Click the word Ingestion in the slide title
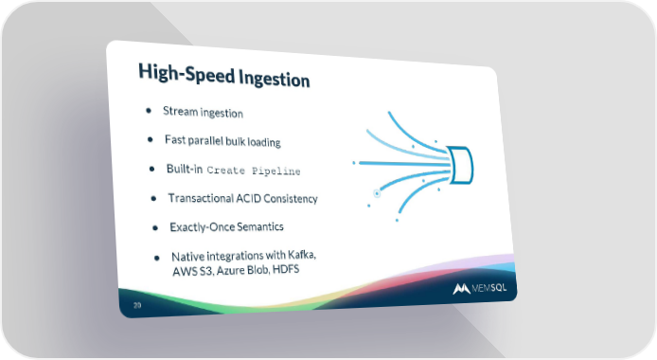tap(275, 80)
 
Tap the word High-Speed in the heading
tap(186, 73)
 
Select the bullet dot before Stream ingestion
tap(149, 111)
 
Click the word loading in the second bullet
tap(264, 142)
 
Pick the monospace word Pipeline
tap(276, 171)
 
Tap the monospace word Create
tap(226, 171)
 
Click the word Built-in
tap(185, 169)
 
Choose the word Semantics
tap(260, 226)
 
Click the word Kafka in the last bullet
tap(302, 255)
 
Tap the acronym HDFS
tap(286, 269)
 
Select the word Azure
tap(230, 270)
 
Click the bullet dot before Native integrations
tap(157, 258)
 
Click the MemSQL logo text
tap(489, 288)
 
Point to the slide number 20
tap(137, 305)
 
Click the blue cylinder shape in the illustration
tap(460, 165)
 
